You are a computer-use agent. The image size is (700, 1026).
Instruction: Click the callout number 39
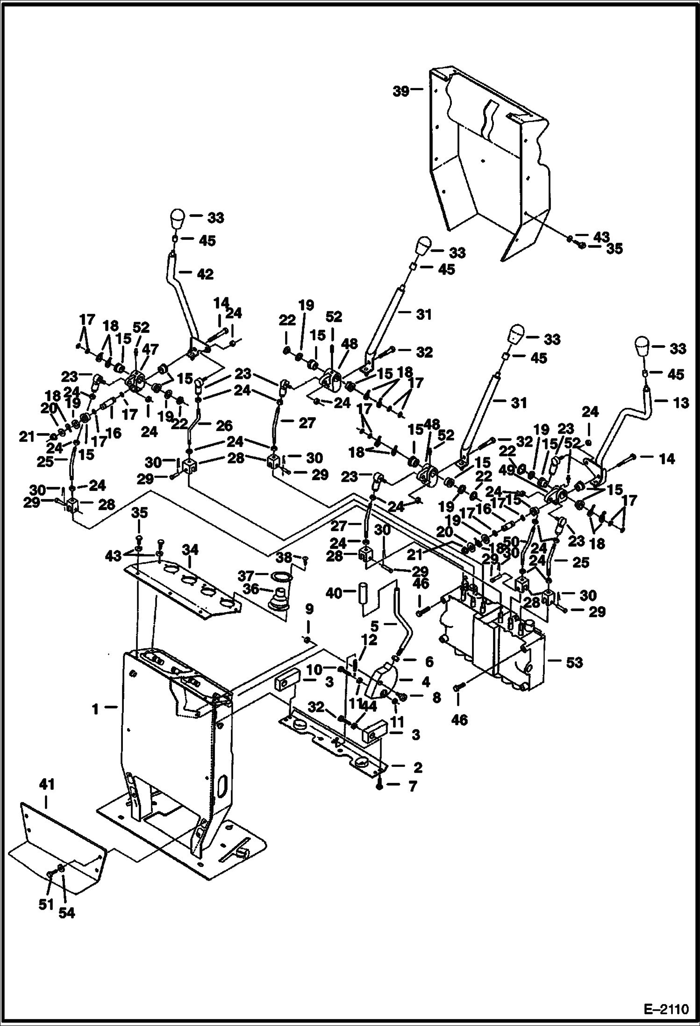(400, 91)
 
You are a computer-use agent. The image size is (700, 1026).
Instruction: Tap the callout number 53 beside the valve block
(574, 663)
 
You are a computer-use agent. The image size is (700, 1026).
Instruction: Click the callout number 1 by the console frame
(95, 709)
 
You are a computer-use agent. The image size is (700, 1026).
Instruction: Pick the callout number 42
(206, 274)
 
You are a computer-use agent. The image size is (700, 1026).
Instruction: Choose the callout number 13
(682, 403)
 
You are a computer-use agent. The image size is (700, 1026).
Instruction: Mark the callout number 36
(251, 589)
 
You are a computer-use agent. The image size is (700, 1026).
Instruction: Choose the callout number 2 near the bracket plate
(417, 767)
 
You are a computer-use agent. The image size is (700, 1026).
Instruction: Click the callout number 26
(224, 425)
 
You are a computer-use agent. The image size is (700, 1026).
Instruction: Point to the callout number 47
(150, 349)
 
